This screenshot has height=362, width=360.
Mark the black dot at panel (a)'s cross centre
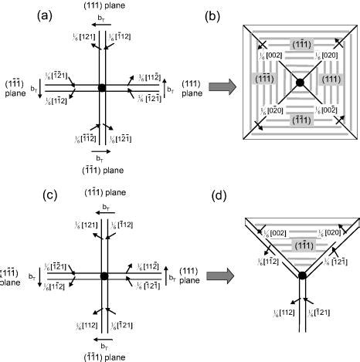tap(101, 87)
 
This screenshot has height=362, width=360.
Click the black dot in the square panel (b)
tap(300, 82)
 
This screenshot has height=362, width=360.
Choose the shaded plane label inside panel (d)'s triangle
tap(301, 244)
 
